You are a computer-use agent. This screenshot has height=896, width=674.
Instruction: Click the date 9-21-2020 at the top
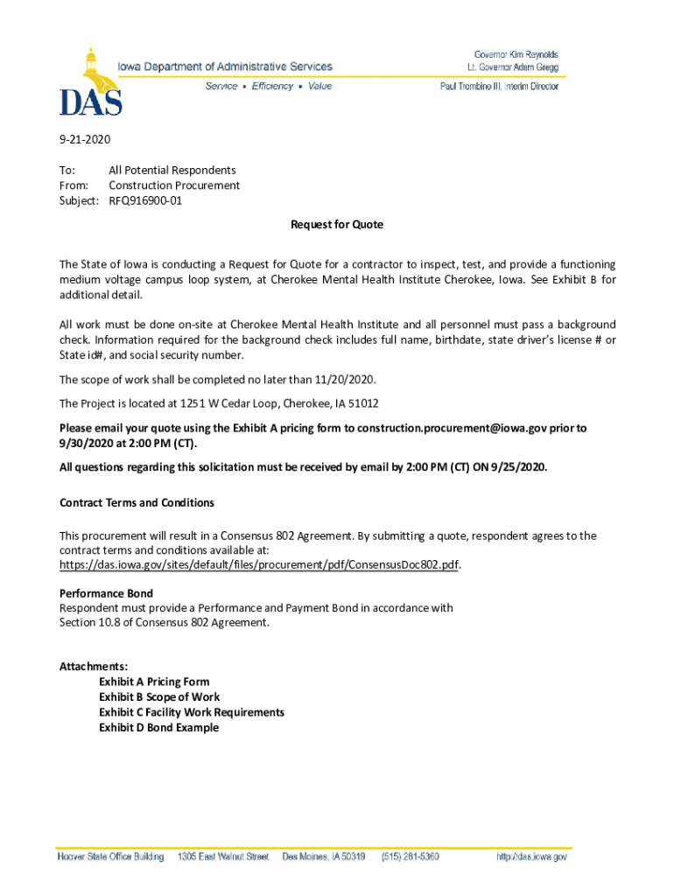click(85, 139)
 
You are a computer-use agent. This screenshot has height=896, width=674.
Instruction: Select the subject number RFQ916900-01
click(145, 200)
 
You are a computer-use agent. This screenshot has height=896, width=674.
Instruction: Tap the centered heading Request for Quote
click(337, 225)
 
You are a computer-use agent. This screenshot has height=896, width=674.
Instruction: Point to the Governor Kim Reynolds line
click(516, 54)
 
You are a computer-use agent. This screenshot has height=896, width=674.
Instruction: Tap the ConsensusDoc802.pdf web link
click(260, 565)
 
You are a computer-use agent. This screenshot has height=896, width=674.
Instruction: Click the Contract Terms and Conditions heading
click(137, 503)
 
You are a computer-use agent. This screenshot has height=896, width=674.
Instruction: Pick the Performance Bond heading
click(106, 593)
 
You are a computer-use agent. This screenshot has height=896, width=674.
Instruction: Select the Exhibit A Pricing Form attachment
click(154, 682)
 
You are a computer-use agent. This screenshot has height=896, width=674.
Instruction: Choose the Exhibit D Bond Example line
click(158, 727)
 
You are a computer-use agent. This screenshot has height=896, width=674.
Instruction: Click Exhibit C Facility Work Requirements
click(192, 712)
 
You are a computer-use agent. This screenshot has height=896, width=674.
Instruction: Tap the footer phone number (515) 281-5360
click(410, 857)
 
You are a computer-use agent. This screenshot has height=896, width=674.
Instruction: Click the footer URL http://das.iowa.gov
click(531, 857)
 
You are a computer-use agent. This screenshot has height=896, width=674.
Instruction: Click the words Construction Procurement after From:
click(174, 185)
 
